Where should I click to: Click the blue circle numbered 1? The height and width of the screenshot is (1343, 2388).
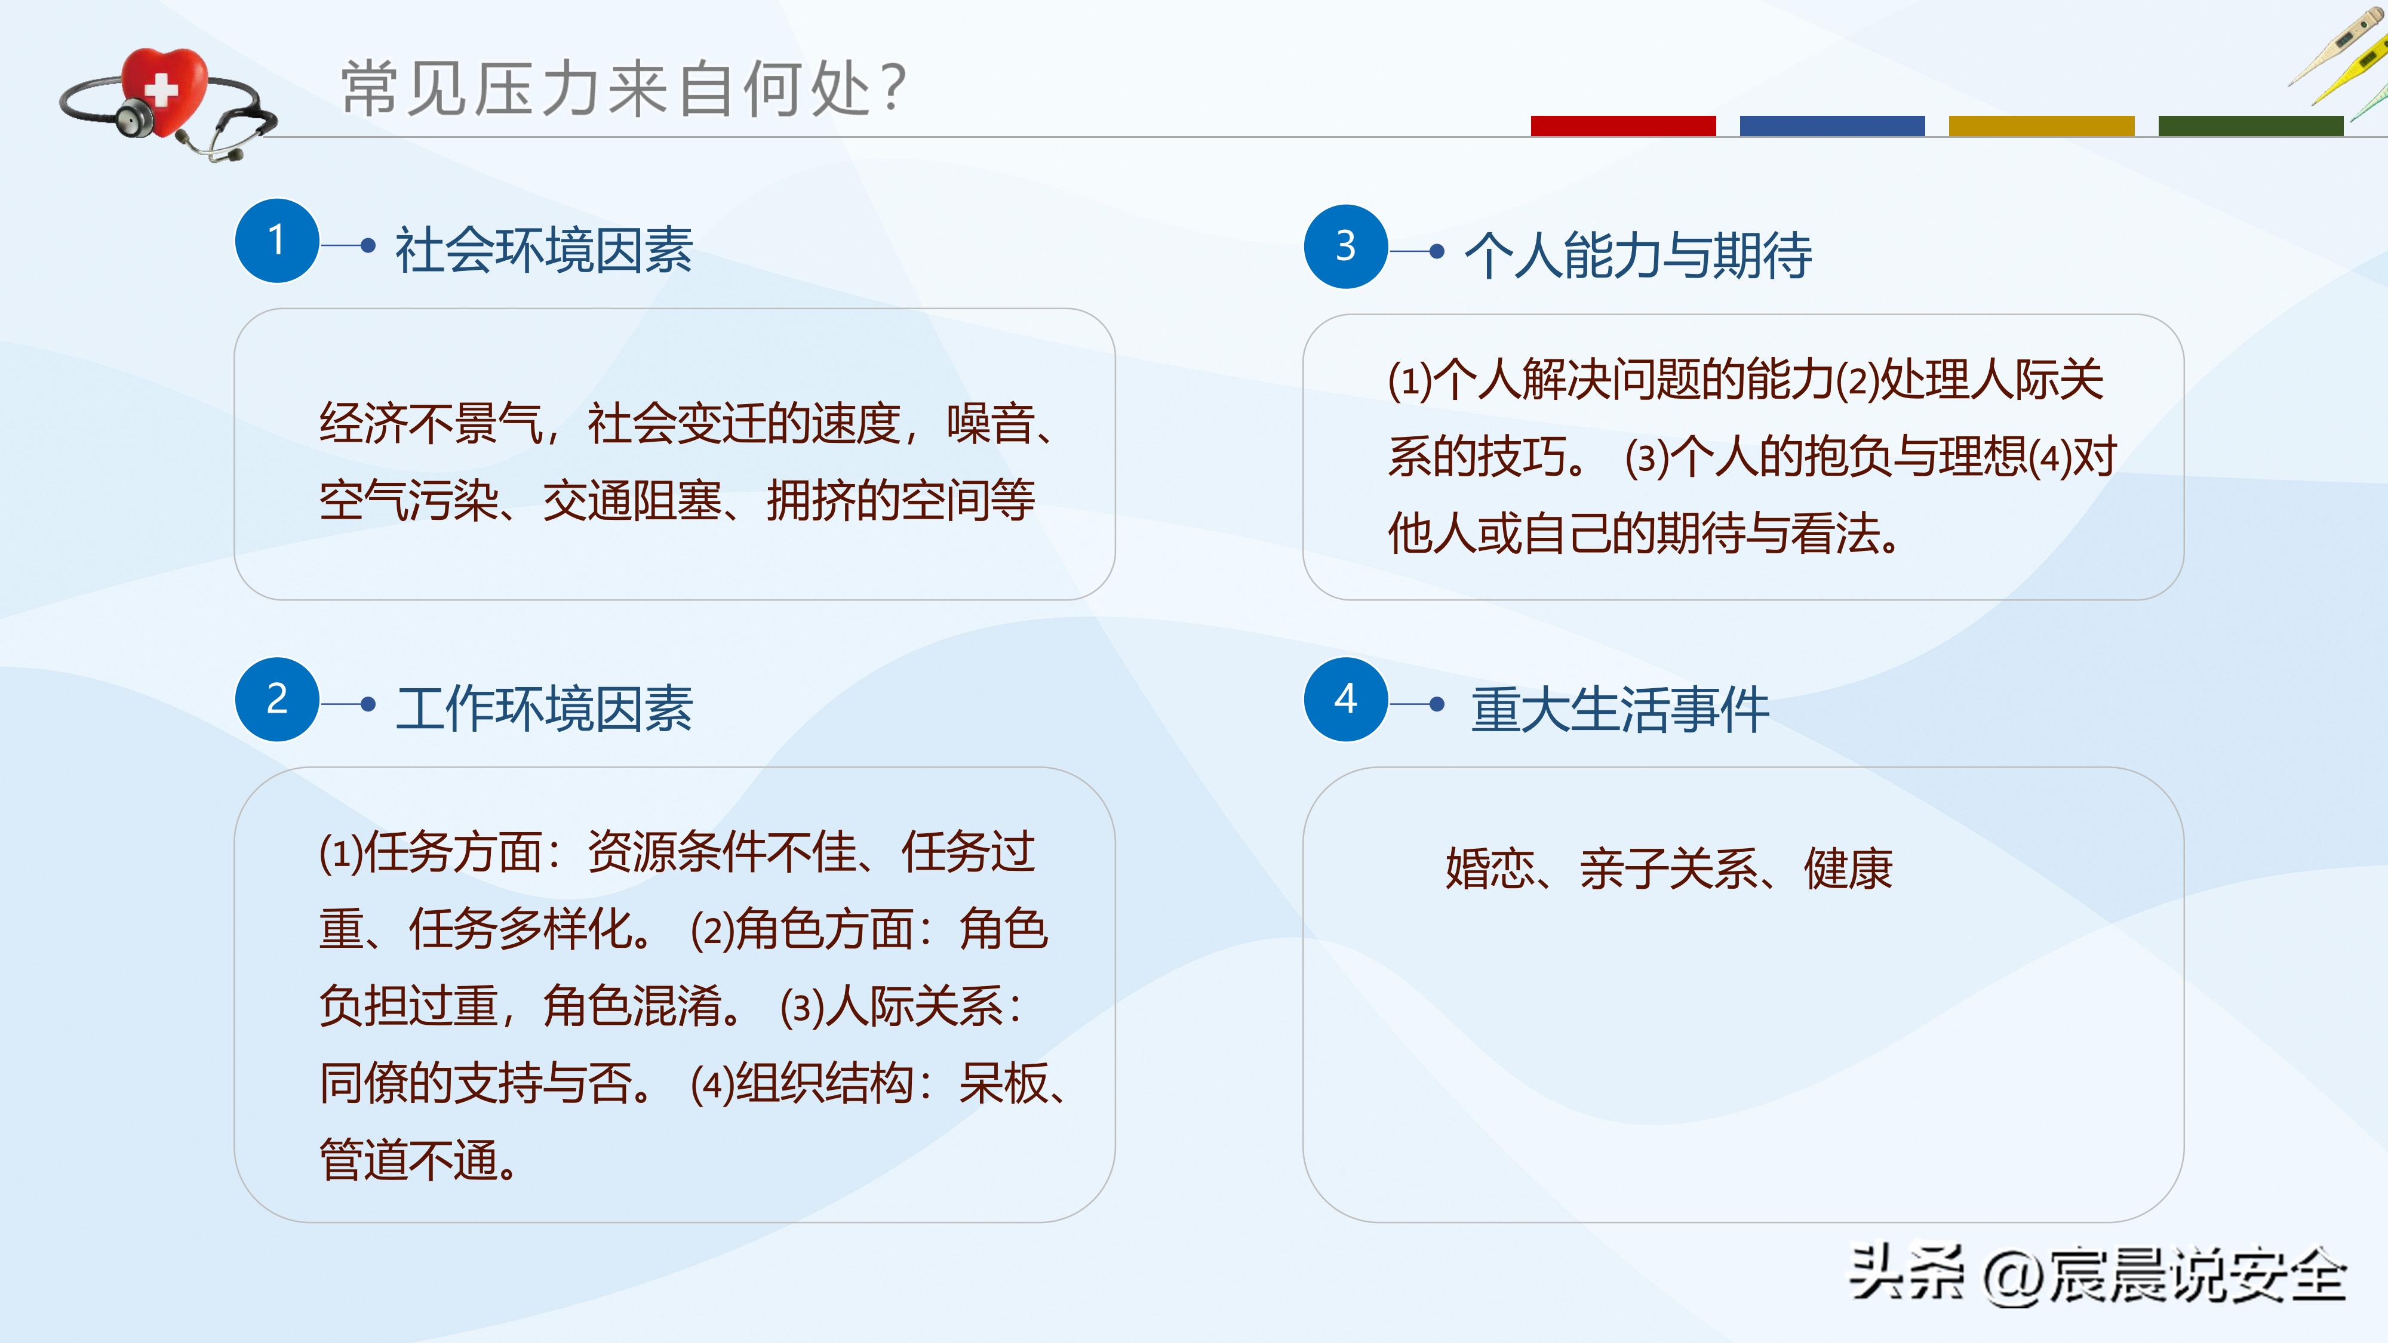coord(277,241)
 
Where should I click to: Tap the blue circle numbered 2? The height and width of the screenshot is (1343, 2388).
coord(277,699)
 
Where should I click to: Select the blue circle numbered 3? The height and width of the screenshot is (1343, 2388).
coord(1345,247)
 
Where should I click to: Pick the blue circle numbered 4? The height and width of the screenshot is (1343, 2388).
coord(1345,699)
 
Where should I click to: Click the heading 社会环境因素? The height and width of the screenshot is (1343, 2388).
coord(544,250)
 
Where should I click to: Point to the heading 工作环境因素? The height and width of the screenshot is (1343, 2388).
coord(544,709)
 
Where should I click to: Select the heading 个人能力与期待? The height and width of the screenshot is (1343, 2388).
coord(1638,255)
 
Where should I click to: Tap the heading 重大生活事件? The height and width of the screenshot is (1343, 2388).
coord(1619,710)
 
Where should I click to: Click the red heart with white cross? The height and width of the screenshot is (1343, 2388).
coord(164,90)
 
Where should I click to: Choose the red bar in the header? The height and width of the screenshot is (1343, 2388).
coord(1622,126)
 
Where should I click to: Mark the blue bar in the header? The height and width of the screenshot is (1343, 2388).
coord(1832,126)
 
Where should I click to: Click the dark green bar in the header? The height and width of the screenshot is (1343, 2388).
coord(2250,126)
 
